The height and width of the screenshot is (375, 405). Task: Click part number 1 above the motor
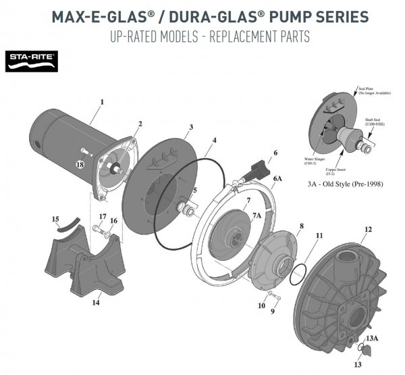102,102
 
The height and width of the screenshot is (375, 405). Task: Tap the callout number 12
368,230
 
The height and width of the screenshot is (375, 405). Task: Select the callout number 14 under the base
96,303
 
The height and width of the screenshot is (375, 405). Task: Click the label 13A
371,338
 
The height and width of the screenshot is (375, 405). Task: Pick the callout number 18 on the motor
80,164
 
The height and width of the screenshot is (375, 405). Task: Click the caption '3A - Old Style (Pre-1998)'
342,182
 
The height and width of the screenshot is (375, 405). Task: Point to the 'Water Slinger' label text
317,161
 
